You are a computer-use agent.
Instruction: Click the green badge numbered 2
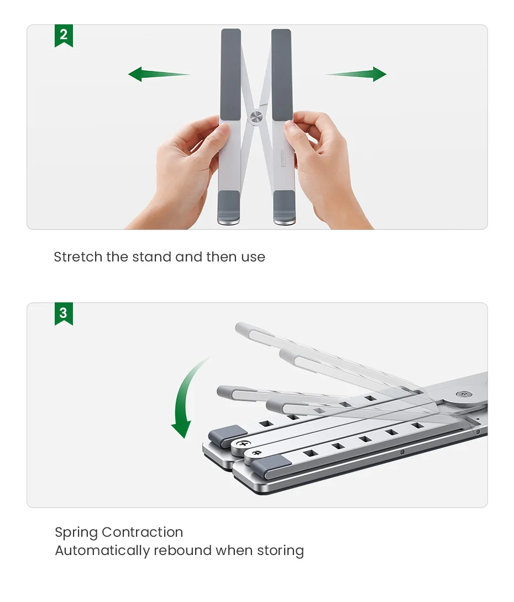point(64,35)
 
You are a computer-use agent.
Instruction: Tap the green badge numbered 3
point(64,313)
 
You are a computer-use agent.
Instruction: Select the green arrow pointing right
point(355,74)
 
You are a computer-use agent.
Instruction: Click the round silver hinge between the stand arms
point(256,118)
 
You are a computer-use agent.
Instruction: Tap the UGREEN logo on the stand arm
point(283,159)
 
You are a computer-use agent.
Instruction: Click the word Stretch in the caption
point(78,257)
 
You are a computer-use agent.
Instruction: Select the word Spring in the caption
point(76,533)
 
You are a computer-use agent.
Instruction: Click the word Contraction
point(143,532)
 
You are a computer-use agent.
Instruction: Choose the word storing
point(280,551)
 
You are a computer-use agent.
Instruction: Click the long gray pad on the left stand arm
point(230,74)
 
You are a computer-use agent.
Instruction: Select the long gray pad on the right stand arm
point(282,74)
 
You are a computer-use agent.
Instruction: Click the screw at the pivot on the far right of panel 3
point(464,394)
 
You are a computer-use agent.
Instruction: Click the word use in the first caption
point(253,257)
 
